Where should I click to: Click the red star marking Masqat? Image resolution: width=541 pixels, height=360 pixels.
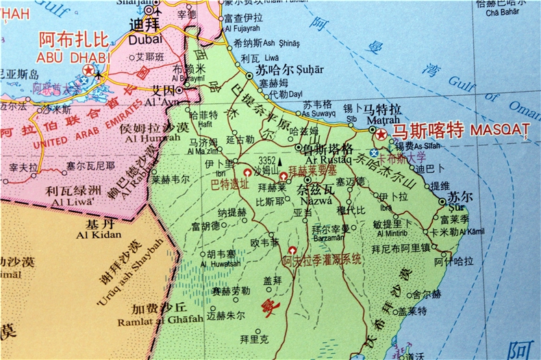tap(381, 135)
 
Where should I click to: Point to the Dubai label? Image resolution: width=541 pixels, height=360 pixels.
tap(145, 39)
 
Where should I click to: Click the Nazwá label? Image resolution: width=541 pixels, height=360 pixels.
tap(316, 201)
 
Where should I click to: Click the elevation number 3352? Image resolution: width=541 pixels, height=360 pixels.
tap(267, 161)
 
